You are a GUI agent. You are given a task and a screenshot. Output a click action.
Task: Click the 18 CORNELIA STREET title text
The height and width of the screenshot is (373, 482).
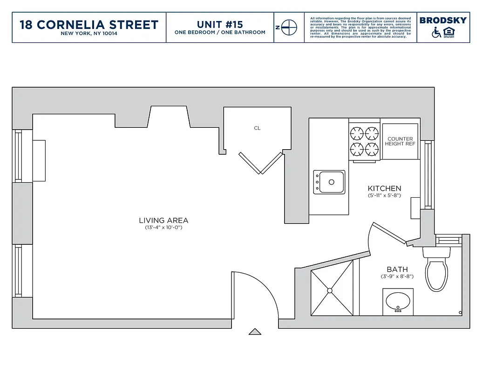coord(89,24)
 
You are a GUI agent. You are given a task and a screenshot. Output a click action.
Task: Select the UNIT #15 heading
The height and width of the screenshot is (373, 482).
coord(220,24)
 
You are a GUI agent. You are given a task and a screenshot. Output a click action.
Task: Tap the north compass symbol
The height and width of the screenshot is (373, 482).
coord(289,28)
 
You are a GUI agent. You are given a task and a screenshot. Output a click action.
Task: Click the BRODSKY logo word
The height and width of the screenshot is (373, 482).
coord(442,20)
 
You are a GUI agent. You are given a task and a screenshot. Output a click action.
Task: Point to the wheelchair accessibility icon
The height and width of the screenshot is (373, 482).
coord(436,33)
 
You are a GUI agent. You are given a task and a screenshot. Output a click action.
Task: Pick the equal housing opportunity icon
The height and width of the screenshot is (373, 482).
coord(449,33)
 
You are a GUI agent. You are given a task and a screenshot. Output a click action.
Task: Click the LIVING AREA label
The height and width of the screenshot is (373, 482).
coord(163,221)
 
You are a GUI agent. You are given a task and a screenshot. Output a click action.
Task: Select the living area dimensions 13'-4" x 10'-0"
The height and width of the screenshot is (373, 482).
coord(163,228)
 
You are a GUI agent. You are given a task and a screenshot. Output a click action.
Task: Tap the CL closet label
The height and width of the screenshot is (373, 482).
coord(257,128)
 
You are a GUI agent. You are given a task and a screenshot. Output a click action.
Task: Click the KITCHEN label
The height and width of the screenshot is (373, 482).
coord(384,188)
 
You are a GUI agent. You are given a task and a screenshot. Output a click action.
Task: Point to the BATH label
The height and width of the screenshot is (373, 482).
coord(397,269)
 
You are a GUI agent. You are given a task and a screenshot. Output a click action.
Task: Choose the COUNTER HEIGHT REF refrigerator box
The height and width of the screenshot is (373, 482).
coord(400,141)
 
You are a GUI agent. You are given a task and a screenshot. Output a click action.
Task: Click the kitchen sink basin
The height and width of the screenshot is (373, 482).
coord(332,181)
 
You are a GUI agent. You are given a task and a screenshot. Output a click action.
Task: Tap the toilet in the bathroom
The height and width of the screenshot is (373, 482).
coord(436,273)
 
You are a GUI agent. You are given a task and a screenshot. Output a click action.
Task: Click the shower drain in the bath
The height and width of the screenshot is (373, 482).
coord(330,290)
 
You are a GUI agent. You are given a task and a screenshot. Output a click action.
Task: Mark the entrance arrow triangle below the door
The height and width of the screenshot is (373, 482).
coord(254,332)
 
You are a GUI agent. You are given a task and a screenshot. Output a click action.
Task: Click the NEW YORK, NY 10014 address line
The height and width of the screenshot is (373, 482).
coord(89,34)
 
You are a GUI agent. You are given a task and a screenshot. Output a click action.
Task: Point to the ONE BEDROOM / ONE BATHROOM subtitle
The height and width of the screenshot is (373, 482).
coord(220,33)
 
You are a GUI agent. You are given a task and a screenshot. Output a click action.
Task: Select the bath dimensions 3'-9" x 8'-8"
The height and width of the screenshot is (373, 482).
coord(397,276)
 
